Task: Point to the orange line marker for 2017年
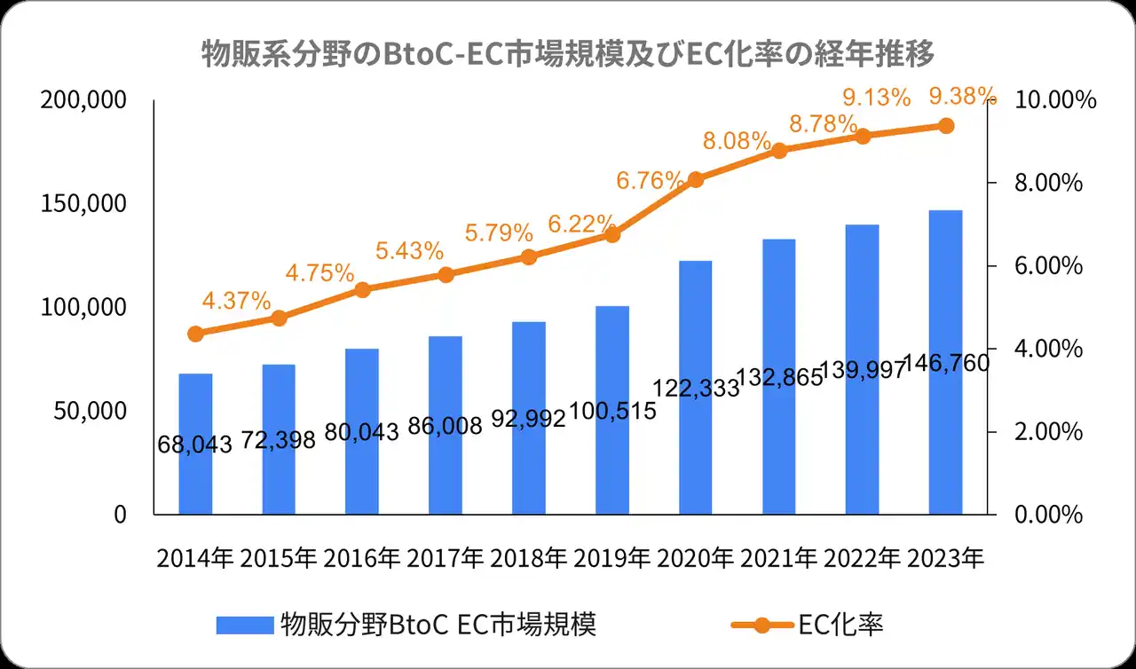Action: coord(446,274)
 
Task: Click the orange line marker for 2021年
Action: coord(779,150)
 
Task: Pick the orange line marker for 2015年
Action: coord(279,318)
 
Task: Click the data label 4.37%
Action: coord(236,301)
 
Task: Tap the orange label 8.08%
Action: coord(737,140)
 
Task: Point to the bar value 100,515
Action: coord(612,411)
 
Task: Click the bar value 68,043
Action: coord(195,443)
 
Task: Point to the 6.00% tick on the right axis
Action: coord(1048,266)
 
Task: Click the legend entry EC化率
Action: coord(840,625)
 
